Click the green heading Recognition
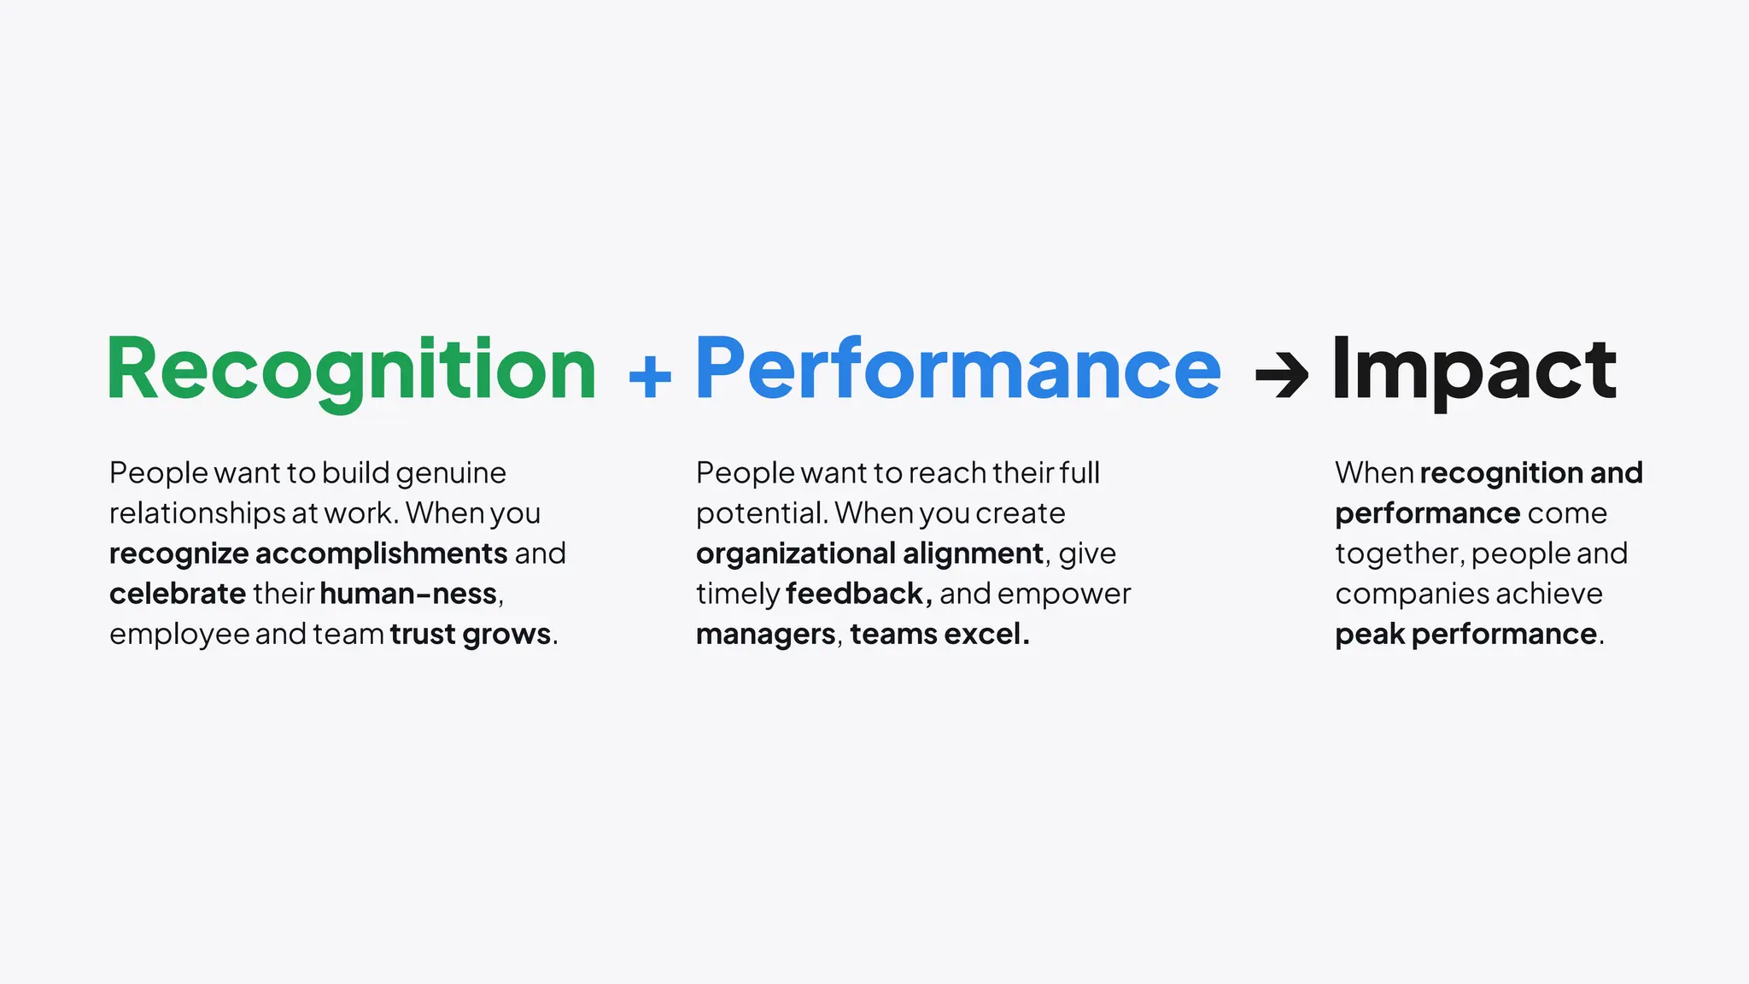coord(351,369)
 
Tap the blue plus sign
coord(650,376)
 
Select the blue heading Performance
coord(958,369)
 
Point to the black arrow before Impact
coord(1281,376)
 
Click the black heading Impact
coord(1474,369)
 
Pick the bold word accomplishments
coord(381,553)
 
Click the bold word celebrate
coord(178,594)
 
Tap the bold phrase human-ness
coord(408,594)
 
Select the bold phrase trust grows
coord(470,634)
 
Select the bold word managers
coord(765,634)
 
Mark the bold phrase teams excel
coord(939,634)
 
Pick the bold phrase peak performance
coord(1465,634)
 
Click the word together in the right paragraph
coord(1399,553)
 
